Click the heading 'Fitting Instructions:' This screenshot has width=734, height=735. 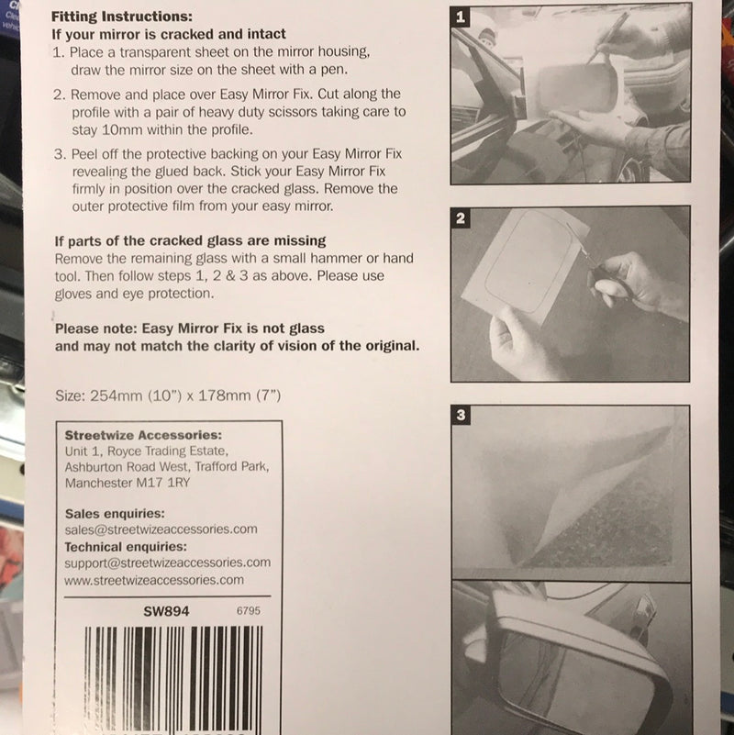tap(121, 17)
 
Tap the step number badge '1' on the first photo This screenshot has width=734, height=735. tap(462, 17)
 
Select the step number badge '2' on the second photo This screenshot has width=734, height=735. tap(462, 218)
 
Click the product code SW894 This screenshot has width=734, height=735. tap(166, 610)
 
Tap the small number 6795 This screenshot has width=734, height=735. tap(249, 610)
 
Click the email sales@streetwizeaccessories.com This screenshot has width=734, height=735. tap(161, 529)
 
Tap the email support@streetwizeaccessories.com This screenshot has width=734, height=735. tap(168, 562)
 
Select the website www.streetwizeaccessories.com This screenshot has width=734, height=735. tap(154, 580)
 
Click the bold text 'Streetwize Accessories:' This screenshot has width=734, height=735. tap(143, 436)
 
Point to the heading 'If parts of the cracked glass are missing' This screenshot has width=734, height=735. tap(190, 241)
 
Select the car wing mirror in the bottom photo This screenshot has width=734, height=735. tap(569, 661)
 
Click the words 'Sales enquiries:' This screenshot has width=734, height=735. tap(115, 514)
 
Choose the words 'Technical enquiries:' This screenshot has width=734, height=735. tap(127, 547)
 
